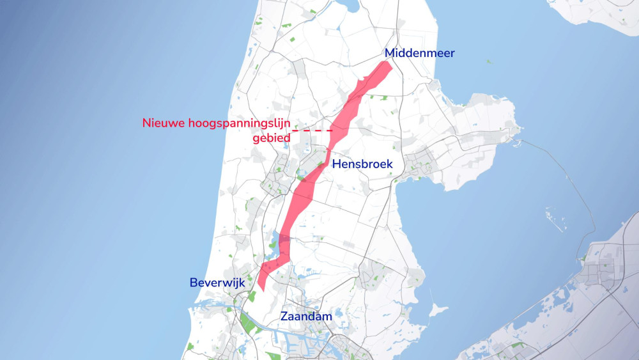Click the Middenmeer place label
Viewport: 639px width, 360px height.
click(419, 53)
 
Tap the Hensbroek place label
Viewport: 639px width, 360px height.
click(362, 164)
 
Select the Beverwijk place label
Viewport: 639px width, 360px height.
click(217, 282)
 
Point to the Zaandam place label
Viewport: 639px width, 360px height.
click(306, 316)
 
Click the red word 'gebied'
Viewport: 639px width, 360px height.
click(272, 137)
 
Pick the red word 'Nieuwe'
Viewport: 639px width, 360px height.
click(164, 123)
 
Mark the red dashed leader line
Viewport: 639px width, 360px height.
click(313, 130)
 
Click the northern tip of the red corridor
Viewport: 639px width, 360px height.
click(387, 65)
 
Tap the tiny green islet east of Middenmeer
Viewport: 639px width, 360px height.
click(489, 62)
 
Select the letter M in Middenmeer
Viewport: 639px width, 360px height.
click(390, 53)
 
